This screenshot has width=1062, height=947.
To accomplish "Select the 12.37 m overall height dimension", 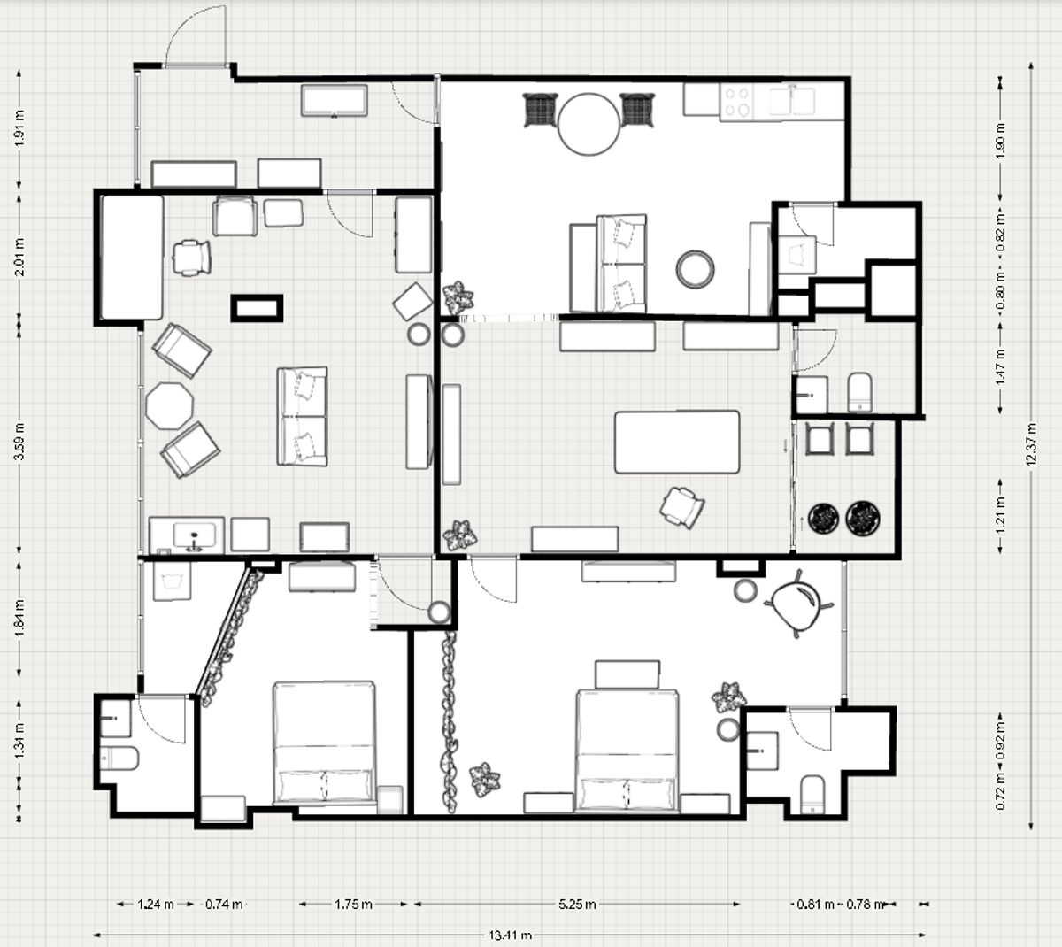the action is click(1032, 443).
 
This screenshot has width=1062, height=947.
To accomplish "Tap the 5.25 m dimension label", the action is click(577, 904).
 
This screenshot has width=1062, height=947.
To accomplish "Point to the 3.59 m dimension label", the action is click(20, 441).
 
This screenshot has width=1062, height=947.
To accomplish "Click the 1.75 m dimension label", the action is click(353, 904).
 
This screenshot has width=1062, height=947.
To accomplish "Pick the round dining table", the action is click(589, 124).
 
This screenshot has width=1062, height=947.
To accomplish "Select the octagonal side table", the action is click(169, 406).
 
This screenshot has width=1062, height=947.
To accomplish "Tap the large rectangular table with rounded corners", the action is click(677, 442).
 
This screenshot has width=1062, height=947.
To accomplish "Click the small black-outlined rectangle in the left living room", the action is click(257, 308).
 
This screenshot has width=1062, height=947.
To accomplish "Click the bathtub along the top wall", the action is click(334, 100).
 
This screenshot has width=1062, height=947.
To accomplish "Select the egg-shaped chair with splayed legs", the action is click(796, 604).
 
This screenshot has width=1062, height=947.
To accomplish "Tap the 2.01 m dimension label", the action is click(20, 257).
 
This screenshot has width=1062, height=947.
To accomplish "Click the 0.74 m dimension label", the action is click(224, 904).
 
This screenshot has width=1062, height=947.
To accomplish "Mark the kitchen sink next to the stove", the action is click(792, 101).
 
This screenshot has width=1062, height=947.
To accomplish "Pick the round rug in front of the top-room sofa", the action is click(695, 268).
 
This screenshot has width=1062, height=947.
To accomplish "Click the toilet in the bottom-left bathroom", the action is click(119, 758).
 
